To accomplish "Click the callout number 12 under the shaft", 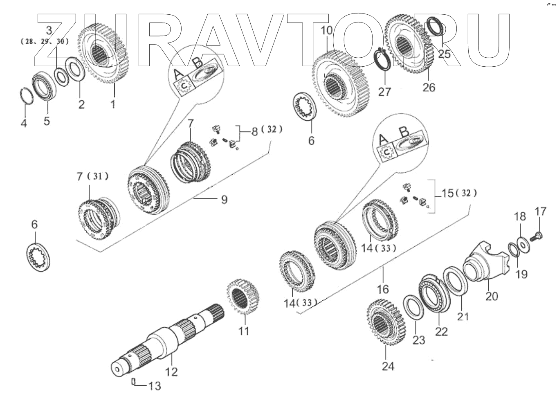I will pos(172,372).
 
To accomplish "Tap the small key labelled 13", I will pos(133,382).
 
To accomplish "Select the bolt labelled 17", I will pos(536,236).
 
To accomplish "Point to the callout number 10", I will pos(327,30).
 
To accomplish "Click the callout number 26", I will pos(429,88).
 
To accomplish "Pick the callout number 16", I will pos(383,289).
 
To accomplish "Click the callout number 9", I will pos(224,200).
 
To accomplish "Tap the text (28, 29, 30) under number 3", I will pos(45,41).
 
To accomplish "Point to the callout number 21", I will pos(463,316).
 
